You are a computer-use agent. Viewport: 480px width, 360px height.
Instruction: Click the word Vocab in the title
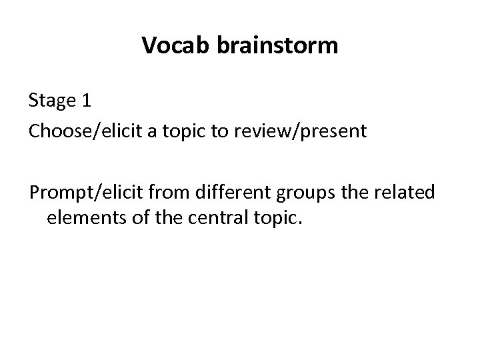click(x=171, y=46)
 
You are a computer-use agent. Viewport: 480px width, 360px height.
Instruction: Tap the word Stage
click(x=51, y=101)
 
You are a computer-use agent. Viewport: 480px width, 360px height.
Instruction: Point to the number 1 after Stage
click(x=84, y=101)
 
